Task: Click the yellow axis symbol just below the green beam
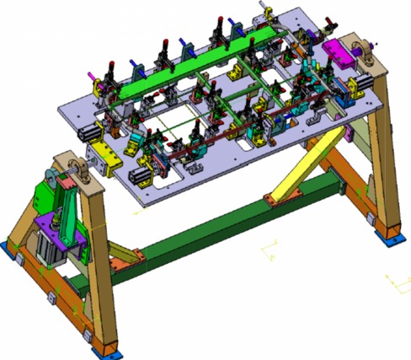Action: (x=271, y=250)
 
